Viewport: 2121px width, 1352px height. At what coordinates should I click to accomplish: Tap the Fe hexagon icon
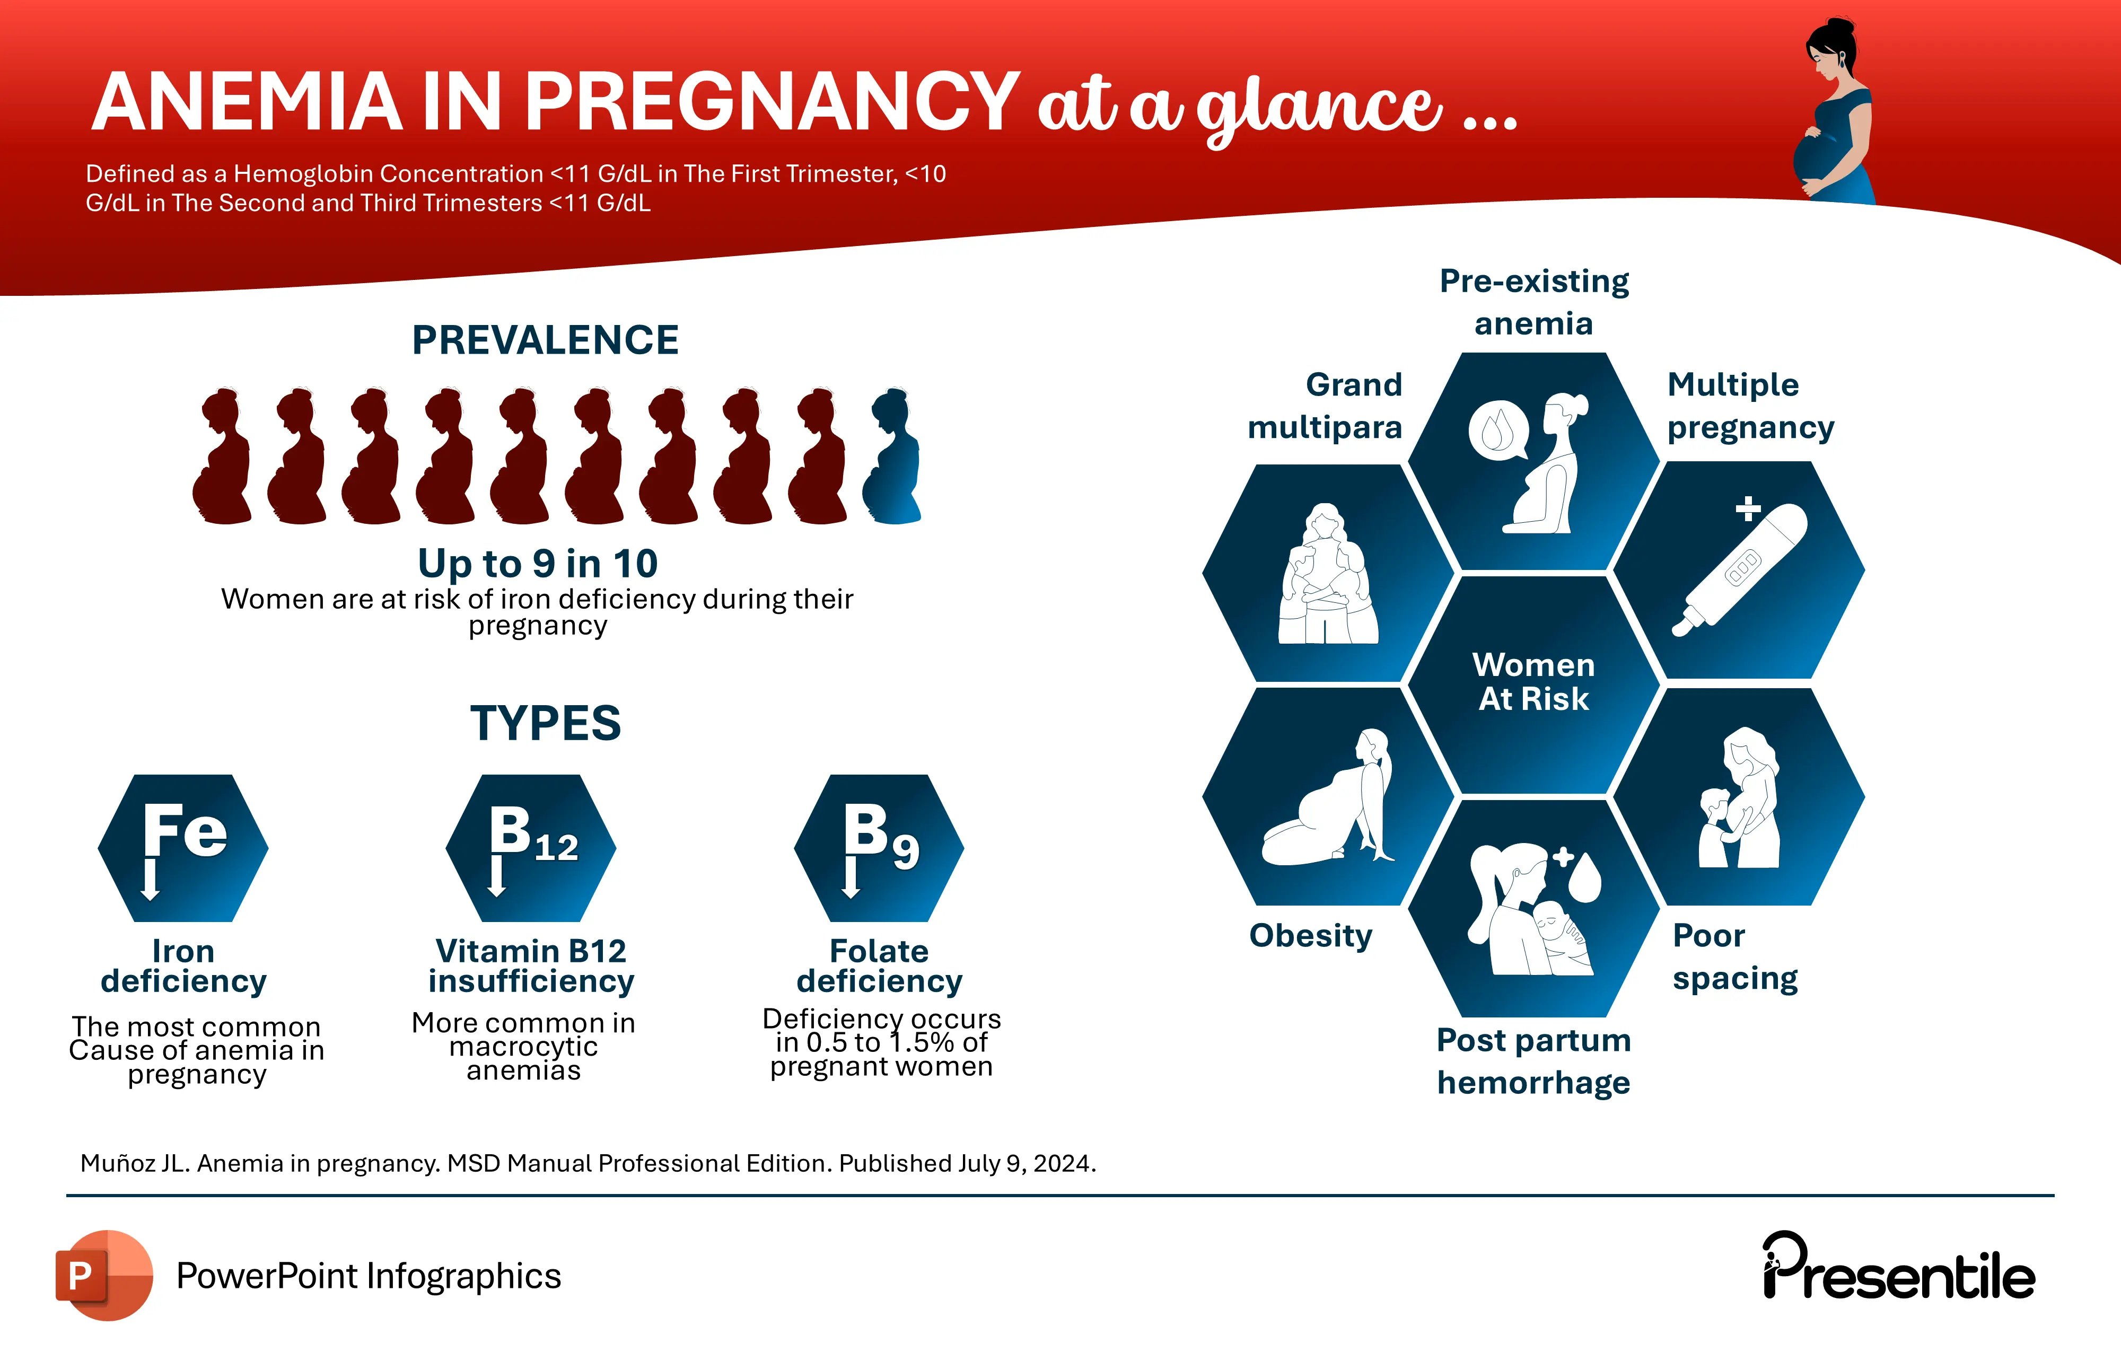183,848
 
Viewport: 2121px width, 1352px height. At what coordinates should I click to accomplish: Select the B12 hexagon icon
531,848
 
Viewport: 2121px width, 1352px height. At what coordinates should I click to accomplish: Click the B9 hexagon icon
879,848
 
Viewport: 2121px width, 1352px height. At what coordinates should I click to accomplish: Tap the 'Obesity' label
1311,935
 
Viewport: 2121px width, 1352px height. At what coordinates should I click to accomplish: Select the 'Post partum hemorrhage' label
1533,1061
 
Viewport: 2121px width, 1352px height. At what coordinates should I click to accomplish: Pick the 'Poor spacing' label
1735,956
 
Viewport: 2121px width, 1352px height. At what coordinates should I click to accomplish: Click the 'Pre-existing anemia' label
1533,302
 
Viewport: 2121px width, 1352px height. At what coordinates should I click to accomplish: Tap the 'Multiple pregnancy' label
1751,406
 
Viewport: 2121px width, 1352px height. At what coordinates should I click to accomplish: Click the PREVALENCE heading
545,340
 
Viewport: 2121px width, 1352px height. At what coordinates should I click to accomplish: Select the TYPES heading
545,723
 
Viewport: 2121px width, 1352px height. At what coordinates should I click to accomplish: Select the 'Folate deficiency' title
879,966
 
